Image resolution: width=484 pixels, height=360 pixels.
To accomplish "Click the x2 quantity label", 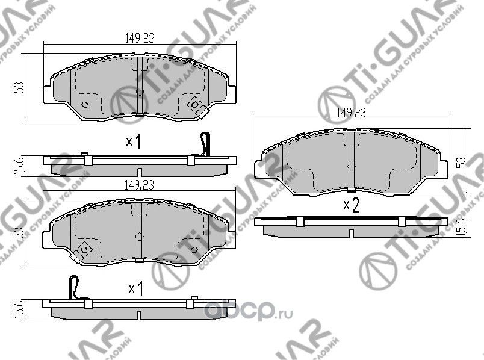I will pos(351,206).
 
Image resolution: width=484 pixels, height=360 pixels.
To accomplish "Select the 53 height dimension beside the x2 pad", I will pos(461,162).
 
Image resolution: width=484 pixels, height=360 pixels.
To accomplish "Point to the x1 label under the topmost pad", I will pos(133,142).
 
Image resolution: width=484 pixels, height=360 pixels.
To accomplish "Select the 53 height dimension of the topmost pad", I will pos(19,87).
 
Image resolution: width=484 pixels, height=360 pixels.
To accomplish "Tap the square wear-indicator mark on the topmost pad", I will pos(196,105).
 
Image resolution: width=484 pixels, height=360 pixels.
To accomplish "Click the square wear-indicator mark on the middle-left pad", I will pos(84,249).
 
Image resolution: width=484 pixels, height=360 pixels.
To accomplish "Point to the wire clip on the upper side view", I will pos(205,144).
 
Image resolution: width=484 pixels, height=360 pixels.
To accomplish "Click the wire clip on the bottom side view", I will pos(74,286).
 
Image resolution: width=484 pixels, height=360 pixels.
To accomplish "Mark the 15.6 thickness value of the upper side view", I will pos(19,164).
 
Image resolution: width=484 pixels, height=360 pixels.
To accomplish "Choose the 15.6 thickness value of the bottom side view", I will pos(18,310).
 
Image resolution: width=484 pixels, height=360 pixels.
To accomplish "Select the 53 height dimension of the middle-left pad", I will pos(19,232).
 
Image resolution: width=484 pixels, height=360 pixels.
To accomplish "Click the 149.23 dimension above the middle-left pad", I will pos(140,187).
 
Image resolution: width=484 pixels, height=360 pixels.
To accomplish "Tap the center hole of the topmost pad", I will pos(139,92).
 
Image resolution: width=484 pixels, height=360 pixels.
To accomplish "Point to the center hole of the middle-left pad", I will pos(139,237).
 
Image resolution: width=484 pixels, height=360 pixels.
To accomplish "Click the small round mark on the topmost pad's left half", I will pos(84,104).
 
